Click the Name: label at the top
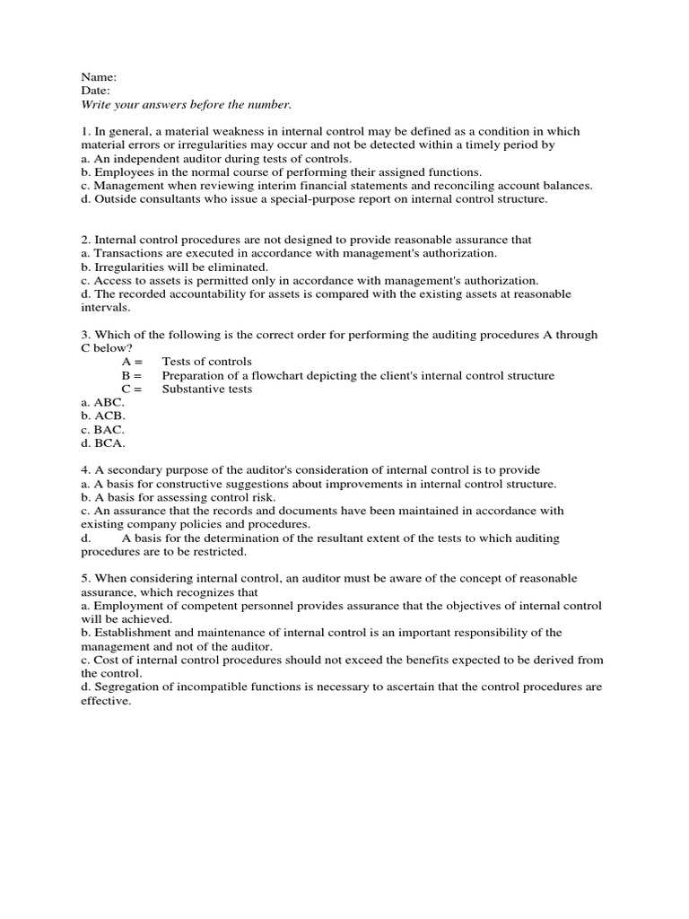[x=99, y=77]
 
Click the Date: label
[x=96, y=91]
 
